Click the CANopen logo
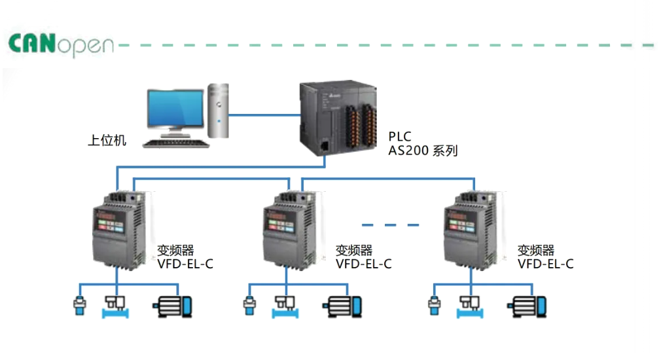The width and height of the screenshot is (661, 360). tap(61, 45)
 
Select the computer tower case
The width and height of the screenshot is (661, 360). tap(219, 110)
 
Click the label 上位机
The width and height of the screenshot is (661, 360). tap(107, 140)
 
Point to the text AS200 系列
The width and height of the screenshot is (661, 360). tap(423, 151)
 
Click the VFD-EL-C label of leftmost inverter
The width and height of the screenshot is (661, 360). tap(185, 264)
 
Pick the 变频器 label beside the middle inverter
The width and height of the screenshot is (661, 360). tap(353, 250)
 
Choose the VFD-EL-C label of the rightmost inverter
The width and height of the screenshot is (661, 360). tap(545, 264)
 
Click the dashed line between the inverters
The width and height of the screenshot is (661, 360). tap(390, 225)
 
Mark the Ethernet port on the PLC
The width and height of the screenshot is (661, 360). tap(325, 145)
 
